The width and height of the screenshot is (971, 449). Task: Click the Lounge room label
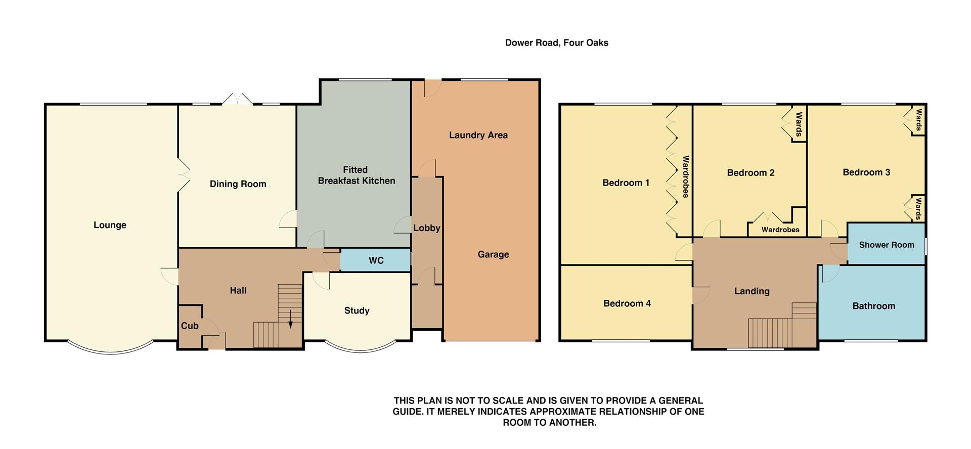(110, 226)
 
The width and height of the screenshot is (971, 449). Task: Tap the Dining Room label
(238, 184)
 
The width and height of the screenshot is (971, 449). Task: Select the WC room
(376, 260)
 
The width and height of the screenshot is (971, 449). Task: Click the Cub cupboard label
(190, 326)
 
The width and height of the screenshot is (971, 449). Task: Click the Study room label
(357, 311)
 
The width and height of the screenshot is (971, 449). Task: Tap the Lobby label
(426, 229)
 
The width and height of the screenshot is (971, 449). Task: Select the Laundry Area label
(478, 136)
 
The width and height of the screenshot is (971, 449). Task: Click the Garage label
(493, 255)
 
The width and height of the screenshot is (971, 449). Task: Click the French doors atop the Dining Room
(237, 100)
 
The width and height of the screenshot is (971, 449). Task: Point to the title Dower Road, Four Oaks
(556, 43)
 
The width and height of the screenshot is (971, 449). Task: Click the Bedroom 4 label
(627, 304)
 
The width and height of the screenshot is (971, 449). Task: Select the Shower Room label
(886, 245)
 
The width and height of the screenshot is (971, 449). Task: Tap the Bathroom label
(873, 306)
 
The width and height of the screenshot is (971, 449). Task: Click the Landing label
(752, 291)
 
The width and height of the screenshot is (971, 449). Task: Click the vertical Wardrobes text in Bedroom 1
(686, 176)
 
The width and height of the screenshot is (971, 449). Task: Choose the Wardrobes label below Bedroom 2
(780, 230)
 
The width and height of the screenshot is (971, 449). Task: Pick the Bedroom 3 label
(866, 172)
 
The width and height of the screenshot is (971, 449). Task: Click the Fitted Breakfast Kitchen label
(356, 175)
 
